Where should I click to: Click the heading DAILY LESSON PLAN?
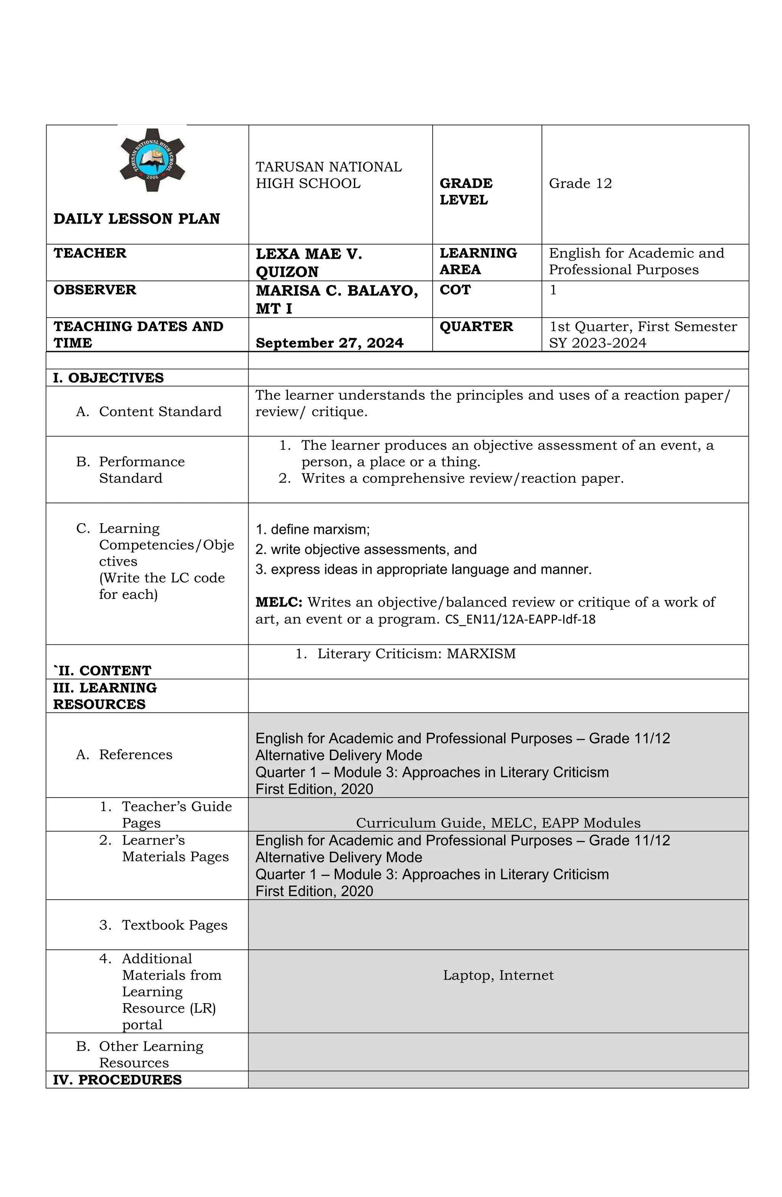[x=137, y=219]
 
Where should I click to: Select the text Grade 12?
[x=580, y=183]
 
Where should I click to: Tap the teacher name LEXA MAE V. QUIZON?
[x=309, y=263]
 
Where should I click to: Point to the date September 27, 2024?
[x=329, y=343]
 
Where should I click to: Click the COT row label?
[x=455, y=290]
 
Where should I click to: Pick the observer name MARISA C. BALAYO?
[x=336, y=291]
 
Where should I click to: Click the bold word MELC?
[x=278, y=602]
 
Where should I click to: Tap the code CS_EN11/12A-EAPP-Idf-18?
[x=520, y=620]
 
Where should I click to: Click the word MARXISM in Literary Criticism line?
[x=481, y=654]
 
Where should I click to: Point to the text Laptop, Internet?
[x=498, y=975]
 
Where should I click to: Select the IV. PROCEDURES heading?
[x=117, y=1080]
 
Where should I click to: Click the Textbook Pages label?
[x=174, y=925]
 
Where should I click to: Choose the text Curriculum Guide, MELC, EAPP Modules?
[x=498, y=823]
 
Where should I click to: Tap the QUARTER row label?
[x=476, y=327]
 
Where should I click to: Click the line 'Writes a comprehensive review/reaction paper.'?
[x=462, y=478]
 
